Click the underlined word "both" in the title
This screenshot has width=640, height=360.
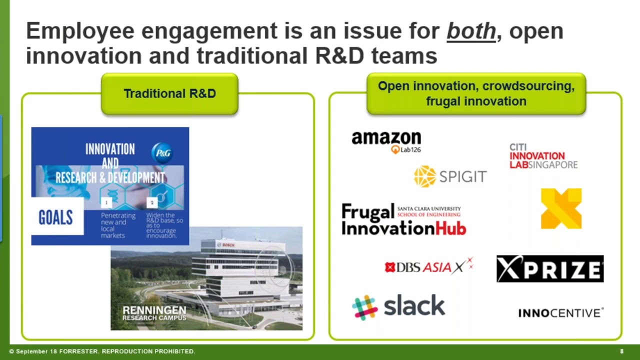[471, 31]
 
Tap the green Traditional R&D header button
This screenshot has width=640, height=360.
[169, 94]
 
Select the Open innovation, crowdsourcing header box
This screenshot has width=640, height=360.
[476, 93]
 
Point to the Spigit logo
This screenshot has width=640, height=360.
[450, 176]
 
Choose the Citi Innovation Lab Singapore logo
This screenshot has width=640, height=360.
[543, 156]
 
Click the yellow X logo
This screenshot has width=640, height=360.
[561, 208]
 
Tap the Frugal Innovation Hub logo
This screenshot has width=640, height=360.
[403, 219]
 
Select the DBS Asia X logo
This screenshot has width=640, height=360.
[428, 266]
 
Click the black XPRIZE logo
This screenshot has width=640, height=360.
[550, 269]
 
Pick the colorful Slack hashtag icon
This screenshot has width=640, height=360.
[365, 307]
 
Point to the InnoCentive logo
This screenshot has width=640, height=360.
[560, 313]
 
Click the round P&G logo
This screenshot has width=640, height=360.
[161, 152]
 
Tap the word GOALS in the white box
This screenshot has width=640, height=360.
[55, 217]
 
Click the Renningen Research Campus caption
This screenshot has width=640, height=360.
[154, 313]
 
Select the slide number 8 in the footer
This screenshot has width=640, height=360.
[621, 351]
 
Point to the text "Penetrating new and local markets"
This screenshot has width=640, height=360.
[118, 225]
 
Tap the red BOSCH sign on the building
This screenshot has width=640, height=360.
[228, 245]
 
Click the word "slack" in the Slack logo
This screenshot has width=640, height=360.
[414, 306]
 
